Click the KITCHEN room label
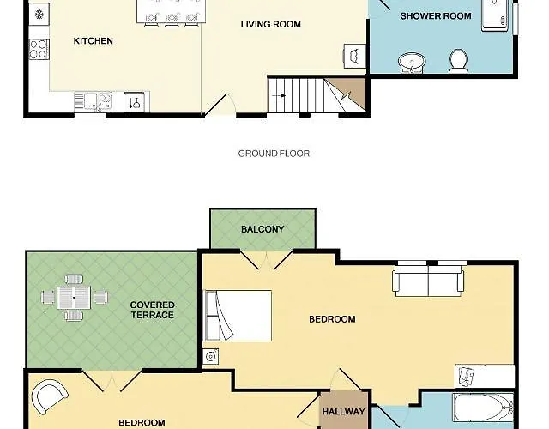coord(94,41)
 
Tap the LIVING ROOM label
coord(271,24)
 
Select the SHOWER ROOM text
coord(436,16)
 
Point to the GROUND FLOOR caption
coord(274,154)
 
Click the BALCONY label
coord(262,229)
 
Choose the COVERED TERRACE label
coord(153,310)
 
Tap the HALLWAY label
coord(343,412)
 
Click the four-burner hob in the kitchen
coord(39,50)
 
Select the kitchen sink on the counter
coord(94,101)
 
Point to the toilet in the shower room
coord(459,61)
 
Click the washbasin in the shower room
coord(412,63)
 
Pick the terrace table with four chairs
coord(74,298)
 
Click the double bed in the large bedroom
coord(238,315)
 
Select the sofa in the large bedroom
coord(428,281)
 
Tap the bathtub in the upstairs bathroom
coord(483,408)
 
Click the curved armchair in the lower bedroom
coord(50,396)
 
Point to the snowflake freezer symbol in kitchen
coord(39,15)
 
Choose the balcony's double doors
coord(267,261)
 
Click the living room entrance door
coord(216,105)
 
